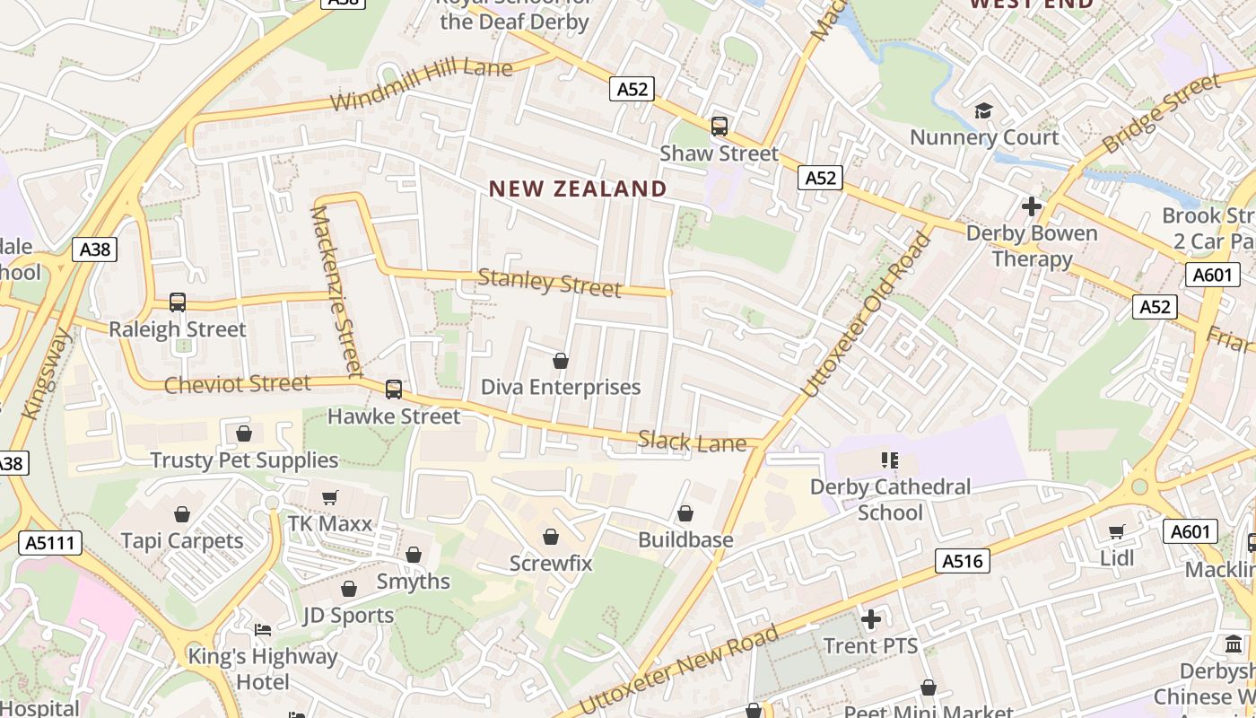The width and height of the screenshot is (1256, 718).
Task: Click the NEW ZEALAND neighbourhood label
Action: click(578, 188)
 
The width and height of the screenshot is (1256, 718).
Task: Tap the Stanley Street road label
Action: click(549, 283)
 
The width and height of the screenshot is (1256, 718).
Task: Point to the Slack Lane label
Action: click(692, 442)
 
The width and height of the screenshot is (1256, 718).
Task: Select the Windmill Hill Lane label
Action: click(422, 85)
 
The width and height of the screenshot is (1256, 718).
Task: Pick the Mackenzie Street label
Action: click(335, 291)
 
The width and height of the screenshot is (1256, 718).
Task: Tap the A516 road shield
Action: click(964, 562)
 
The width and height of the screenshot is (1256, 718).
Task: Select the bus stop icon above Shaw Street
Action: click(719, 127)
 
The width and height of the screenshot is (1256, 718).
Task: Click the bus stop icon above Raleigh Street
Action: click(178, 302)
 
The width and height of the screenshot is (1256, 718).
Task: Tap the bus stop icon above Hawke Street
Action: click(393, 390)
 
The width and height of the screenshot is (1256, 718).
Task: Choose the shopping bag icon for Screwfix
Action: click(551, 537)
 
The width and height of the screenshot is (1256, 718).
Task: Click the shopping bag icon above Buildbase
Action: click(685, 513)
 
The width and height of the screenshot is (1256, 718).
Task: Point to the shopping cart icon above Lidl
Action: click(1117, 531)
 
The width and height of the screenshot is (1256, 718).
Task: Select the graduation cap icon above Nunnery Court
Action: click(984, 111)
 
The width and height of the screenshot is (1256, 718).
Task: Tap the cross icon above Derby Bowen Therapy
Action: click(1032, 206)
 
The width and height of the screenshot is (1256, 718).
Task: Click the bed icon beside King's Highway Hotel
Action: click(263, 629)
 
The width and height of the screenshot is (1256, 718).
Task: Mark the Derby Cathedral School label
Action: click(890, 499)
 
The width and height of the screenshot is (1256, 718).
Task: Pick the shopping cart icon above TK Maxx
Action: click(329, 497)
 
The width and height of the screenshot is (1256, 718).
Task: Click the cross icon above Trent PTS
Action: click(870, 619)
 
